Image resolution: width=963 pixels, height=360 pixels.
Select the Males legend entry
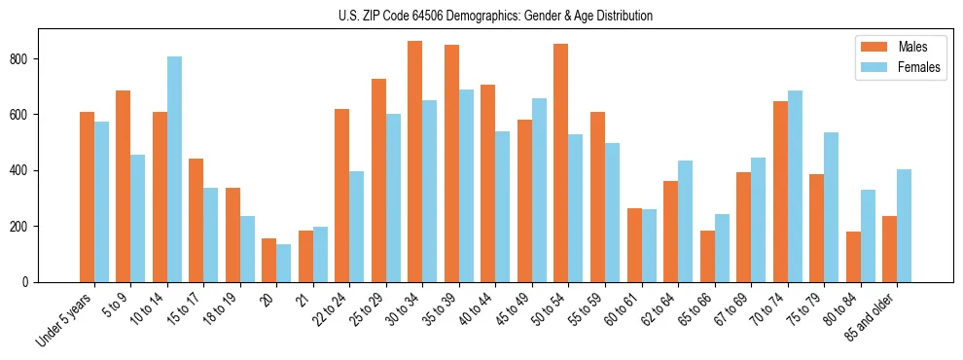point(899,47)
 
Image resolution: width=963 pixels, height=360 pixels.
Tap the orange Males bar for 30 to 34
point(415,162)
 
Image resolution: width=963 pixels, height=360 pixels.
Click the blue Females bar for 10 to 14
point(174,169)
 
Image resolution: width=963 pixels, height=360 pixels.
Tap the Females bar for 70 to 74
point(795,186)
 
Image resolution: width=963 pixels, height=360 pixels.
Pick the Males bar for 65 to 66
point(707,256)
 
